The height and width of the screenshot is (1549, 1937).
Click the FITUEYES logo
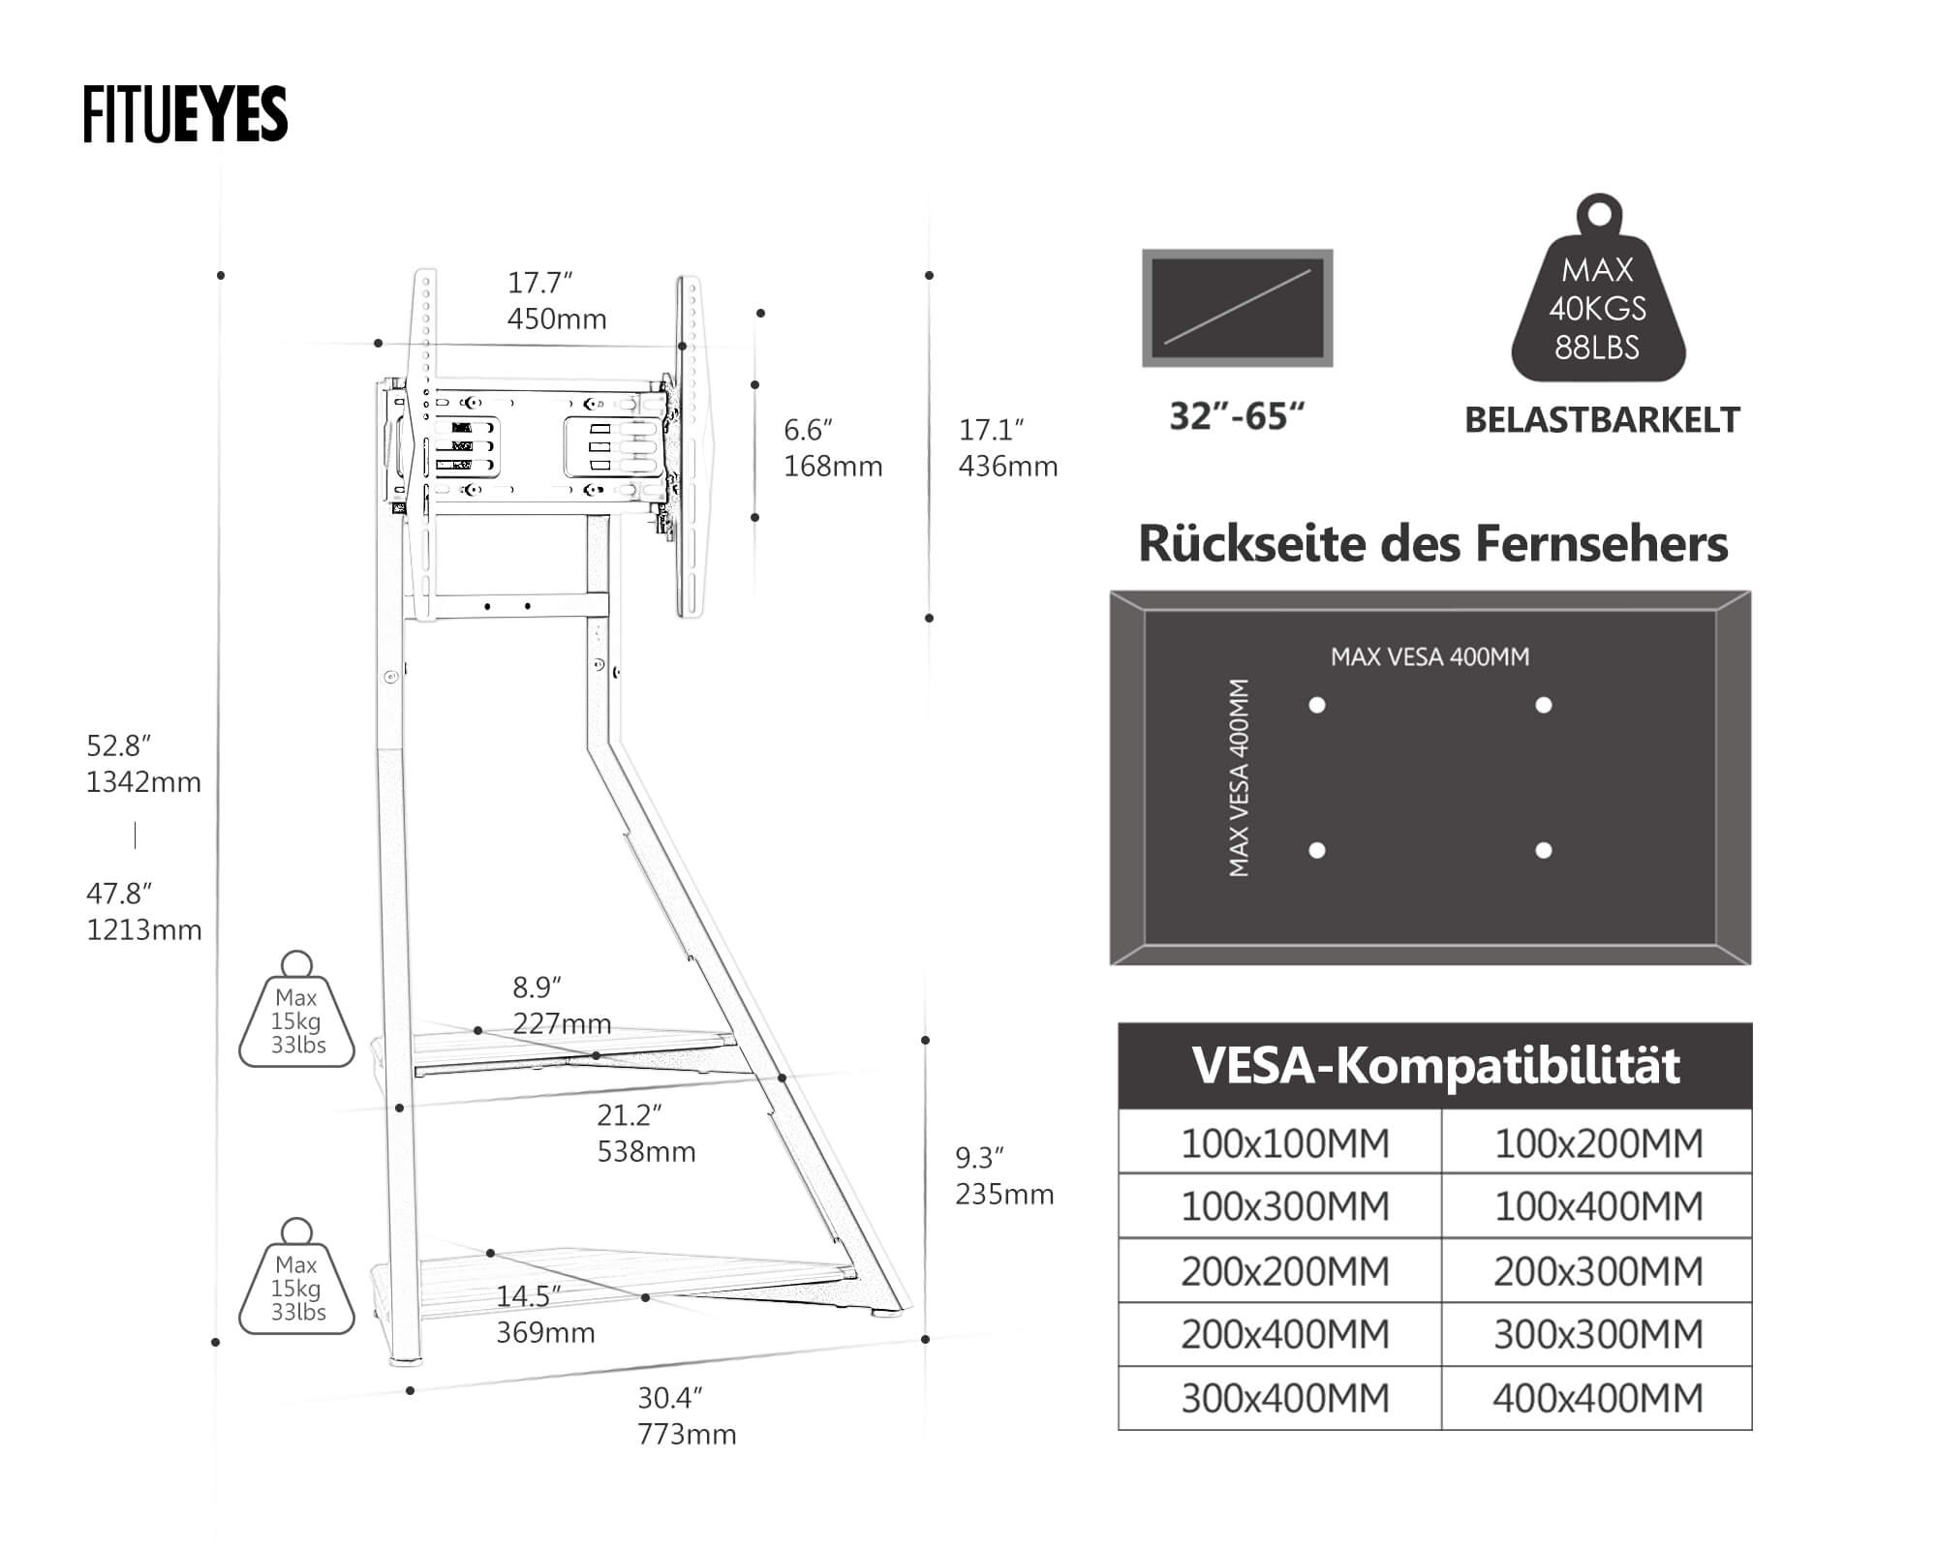(x=185, y=114)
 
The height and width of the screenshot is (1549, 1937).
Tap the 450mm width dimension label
(x=557, y=319)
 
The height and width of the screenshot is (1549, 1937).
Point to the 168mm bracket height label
(x=833, y=466)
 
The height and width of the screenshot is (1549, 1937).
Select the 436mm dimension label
(x=1007, y=466)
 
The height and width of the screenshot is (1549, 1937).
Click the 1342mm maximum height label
(x=143, y=781)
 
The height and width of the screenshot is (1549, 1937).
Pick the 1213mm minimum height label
(x=143, y=929)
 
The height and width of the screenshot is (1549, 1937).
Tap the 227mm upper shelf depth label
(x=562, y=1023)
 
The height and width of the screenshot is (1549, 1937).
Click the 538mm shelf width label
(x=646, y=1151)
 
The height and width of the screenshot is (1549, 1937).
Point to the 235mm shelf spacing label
(x=1004, y=1194)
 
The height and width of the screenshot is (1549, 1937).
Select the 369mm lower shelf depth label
(x=545, y=1332)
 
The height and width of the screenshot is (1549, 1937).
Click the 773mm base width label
(x=687, y=1434)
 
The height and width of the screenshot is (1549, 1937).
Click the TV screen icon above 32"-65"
(x=1237, y=308)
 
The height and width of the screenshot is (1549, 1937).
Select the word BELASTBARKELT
(x=1602, y=420)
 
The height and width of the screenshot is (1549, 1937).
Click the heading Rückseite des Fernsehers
(x=1432, y=543)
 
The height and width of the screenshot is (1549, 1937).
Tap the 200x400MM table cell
(x=1284, y=1334)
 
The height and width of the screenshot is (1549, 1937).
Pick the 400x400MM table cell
(x=1597, y=1398)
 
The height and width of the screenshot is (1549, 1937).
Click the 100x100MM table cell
(x=1284, y=1143)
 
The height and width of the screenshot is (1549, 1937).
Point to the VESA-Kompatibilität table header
(x=1434, y=1066)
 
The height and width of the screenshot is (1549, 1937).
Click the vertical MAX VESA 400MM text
(x=1239, y=777)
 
